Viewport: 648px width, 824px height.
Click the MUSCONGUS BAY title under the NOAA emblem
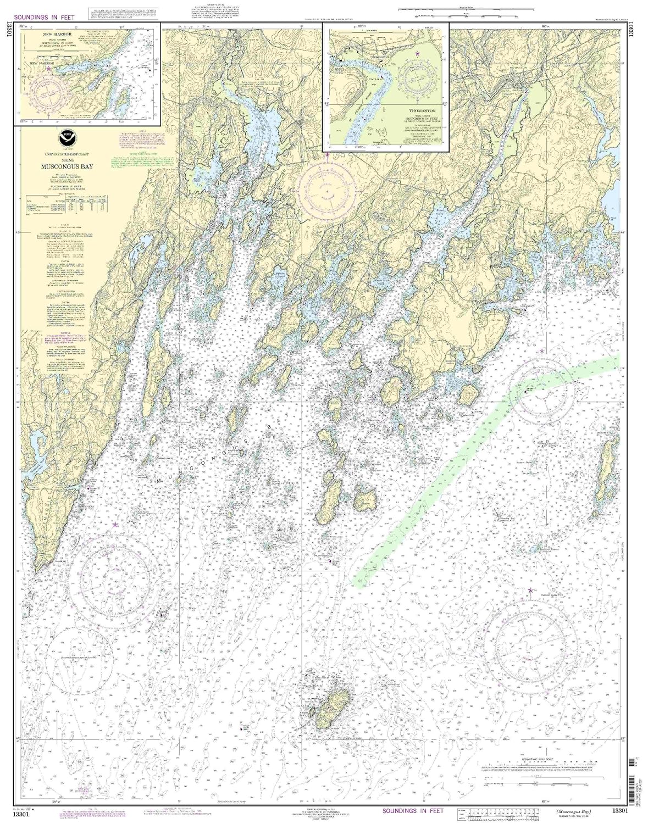[67, 164]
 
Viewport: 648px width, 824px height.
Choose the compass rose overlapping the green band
[541, 391]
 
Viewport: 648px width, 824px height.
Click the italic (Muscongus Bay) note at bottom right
[577, 811]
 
